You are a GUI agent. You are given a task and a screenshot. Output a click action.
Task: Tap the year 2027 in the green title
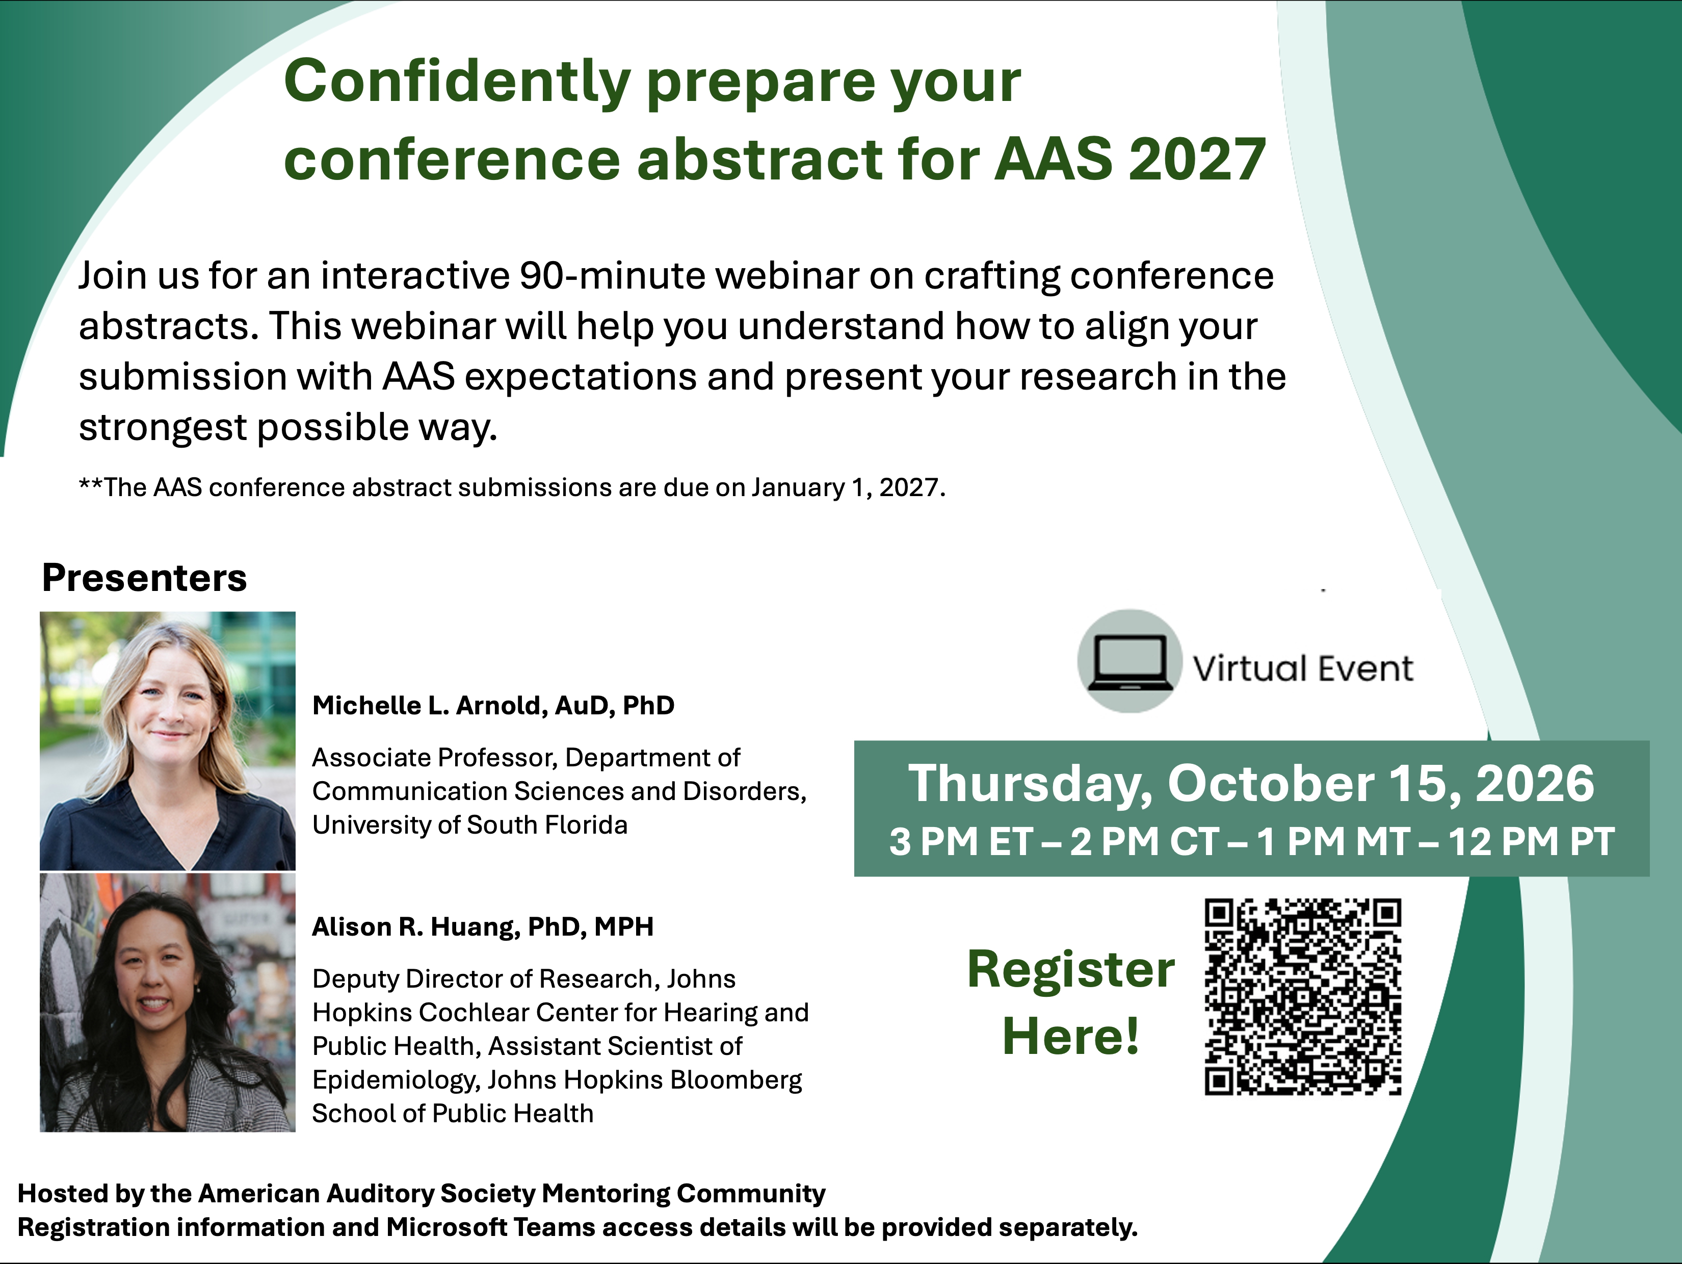[1197, 159]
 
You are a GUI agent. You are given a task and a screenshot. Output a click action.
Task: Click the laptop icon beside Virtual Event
[1130, 661]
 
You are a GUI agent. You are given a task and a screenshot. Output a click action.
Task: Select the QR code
[1303, 996]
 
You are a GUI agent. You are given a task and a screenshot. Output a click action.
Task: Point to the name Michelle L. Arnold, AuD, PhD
[493, 705]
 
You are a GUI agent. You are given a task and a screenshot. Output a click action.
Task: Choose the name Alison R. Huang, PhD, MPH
[483, 926]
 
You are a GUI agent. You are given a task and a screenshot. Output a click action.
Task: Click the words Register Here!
[1071, 1002]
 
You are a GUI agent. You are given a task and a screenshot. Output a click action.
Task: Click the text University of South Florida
[470, 825]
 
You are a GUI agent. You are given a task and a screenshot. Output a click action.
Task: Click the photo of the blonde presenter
[167, 741]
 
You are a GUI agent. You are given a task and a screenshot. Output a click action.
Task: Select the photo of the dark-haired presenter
[167, 1002]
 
